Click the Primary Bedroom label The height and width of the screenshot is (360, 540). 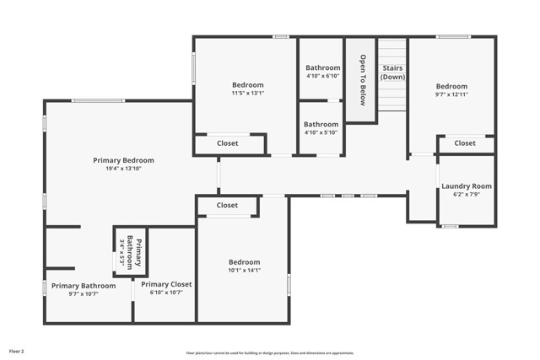123,160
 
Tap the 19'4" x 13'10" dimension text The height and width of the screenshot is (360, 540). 123,170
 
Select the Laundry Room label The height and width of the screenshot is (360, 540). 467,186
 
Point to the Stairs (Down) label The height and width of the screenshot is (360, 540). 393,72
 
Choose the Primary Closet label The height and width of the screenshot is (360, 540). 166,284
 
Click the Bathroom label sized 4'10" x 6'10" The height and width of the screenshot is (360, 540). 322,67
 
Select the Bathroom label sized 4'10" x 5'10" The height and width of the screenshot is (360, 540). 321,124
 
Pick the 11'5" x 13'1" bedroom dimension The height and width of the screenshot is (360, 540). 248,94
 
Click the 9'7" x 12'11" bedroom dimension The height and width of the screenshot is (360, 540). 451,95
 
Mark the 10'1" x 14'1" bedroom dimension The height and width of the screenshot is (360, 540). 244,271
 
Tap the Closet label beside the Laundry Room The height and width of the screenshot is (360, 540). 465,143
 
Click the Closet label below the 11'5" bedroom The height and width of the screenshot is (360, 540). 227,143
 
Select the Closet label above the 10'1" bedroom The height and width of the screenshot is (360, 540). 227,205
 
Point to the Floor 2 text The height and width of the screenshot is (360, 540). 17,350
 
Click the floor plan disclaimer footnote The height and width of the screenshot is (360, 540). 269,353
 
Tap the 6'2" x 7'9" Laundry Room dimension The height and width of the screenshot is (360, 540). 467,195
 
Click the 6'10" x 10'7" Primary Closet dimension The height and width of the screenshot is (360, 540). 166,293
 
